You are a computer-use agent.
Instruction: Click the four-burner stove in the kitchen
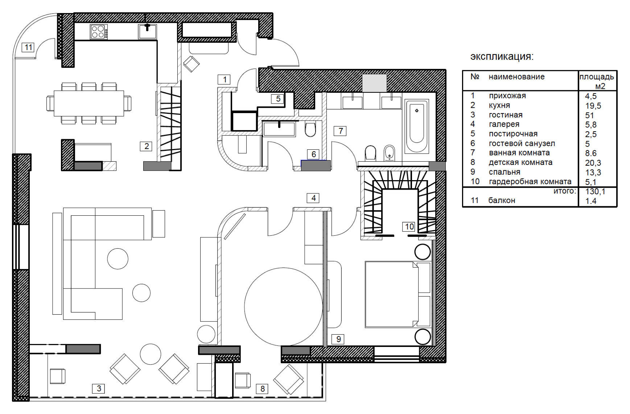[99, 32]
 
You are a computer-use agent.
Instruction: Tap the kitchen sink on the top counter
[147, 31]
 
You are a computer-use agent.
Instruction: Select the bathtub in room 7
[417, 127]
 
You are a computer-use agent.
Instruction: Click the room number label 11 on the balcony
[28, 47]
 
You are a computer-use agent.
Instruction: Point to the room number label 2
[147, 146]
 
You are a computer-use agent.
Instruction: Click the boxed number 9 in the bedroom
[338, 339]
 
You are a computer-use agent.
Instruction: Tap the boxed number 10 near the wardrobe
[409, 227]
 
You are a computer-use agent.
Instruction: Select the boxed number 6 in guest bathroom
[314, 154]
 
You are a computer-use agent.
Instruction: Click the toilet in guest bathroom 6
[310, 129]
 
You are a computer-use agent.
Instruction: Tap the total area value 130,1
[595, 191]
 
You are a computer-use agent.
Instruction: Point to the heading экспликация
[502, 57]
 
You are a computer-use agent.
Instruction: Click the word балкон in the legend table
[502, 200]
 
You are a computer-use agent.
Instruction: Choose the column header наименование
[516, 76]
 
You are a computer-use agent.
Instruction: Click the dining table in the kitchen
[89, 103]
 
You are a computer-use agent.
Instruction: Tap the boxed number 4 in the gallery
[313, 198]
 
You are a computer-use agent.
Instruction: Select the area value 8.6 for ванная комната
[591, 153]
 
